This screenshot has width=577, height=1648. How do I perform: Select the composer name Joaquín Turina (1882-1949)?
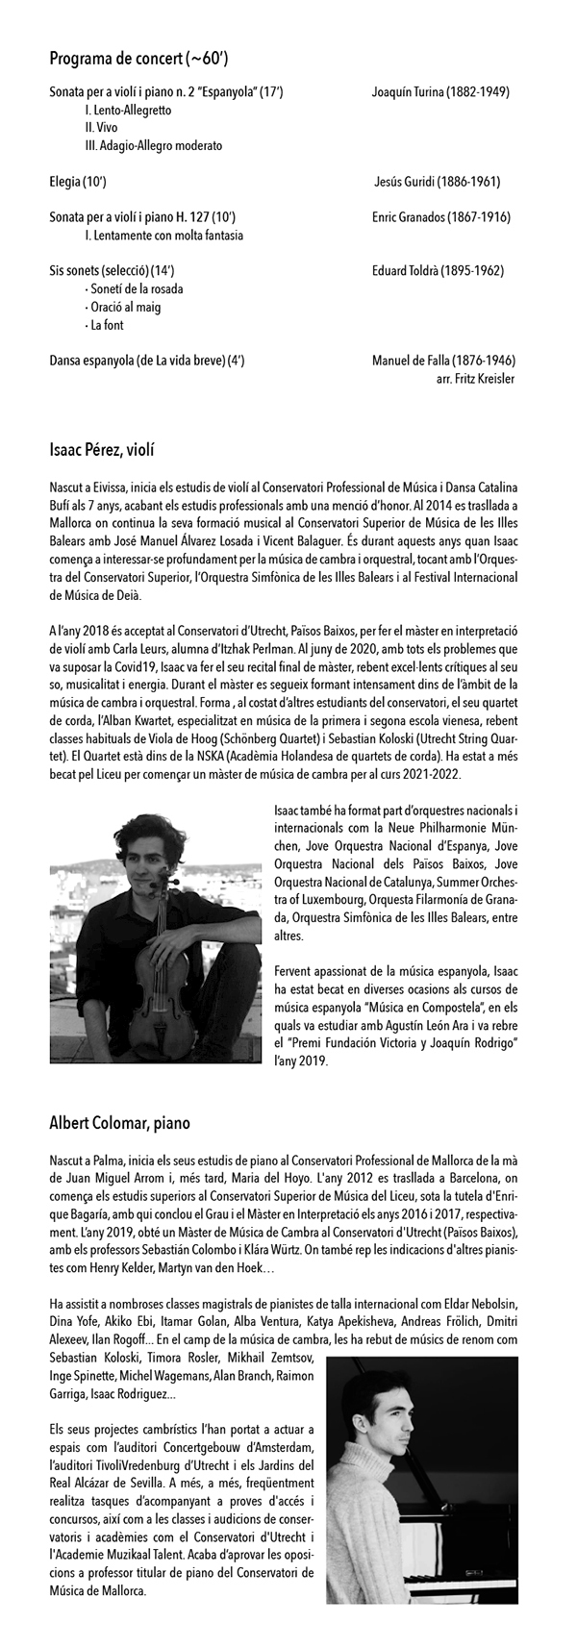(x=439, y=92)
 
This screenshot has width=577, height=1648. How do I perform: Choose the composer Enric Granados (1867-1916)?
(x=440, y=217)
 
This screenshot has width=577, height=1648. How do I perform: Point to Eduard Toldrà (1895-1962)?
(x=438, y=271)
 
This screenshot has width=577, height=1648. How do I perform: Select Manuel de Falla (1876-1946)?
(x=443, y=361)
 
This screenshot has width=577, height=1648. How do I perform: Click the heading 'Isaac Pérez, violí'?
(x=102, y=449)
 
